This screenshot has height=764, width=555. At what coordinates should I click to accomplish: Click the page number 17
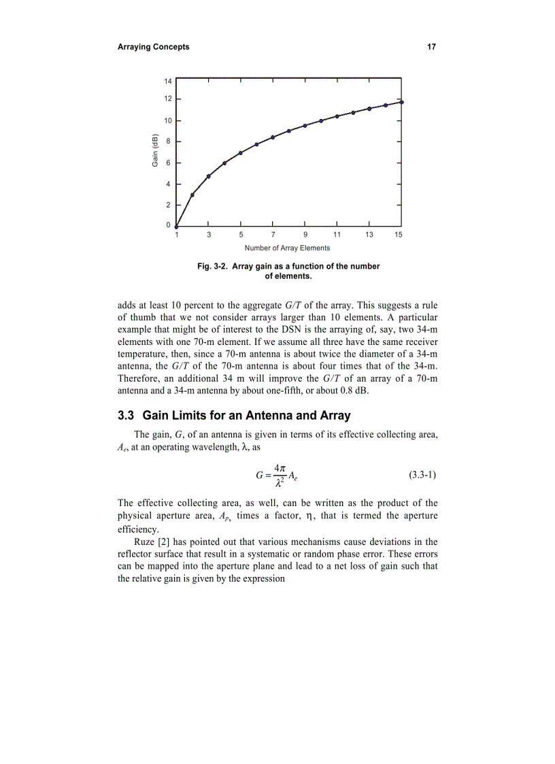pyautogui.click(x=431, y=47)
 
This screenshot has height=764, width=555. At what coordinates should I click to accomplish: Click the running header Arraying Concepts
pyautogui.click(x=153, y=47)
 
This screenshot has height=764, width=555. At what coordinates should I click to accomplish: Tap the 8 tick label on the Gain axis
pyautogui.click(x=168, y=142)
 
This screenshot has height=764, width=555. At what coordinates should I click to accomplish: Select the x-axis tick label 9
pyautogui.click(x=305, y=235)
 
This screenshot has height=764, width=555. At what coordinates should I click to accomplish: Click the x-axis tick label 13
pyautogui.click(x=369, y=235)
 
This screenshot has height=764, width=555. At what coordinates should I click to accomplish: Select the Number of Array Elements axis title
pyautogui.click(x=287, y=248)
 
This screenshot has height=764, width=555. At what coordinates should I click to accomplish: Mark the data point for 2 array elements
pyautogui.click(x=192, y=195)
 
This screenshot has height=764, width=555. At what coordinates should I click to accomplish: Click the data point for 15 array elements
pyautogui.click(x=401, y=102)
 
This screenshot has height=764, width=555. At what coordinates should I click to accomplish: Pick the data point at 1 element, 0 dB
pyautogui.click(x=176, y=227)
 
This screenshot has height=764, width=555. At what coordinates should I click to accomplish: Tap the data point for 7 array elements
pyautogui.click(x=273, y=137)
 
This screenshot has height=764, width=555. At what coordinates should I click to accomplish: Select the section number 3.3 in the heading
pyautogui.click(x=127, y=416)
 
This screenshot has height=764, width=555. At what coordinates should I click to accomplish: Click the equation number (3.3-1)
pyautogui.click(x=423, y=475)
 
